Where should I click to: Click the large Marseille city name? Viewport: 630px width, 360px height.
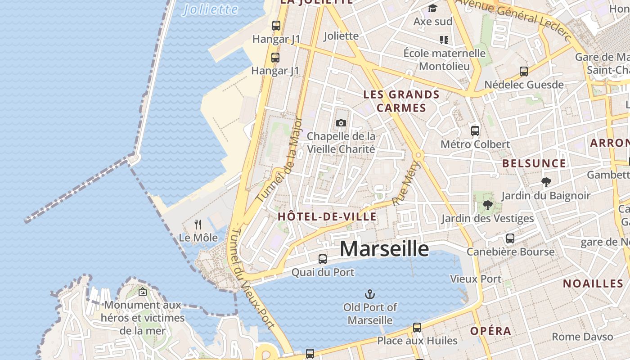click(x=384, y=249)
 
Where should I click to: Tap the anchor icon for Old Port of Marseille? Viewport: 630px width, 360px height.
click(x=369, y=295)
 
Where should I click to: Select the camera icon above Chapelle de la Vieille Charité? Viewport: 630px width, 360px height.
click(x=341, y=123)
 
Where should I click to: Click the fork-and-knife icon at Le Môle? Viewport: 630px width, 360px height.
click(x=198, y=224)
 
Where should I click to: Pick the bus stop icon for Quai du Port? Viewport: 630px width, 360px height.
click(x=323, y=259)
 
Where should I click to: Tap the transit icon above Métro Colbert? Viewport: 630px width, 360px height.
click(x=475, y=131)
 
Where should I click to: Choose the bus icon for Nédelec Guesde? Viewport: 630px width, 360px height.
click(x=524, y=72)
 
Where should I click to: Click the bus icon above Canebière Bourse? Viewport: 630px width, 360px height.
click(x=510, y=238)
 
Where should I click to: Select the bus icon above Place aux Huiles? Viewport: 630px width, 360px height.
click(x=417, y=328)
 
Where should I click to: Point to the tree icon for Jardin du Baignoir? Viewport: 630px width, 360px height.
click(x=546, y=182)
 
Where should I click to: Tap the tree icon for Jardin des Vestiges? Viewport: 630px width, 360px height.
click(x=487, y=206)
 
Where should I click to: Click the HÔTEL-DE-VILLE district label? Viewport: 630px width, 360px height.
click(x=327, y=216)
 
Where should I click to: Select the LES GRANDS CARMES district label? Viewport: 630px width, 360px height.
click(x=401, y=101)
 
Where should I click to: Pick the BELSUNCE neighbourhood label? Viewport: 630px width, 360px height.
click(x=534, y=163)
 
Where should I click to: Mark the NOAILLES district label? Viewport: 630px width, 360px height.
click(x=593, y=283)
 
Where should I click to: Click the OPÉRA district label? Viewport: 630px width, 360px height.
click(x=491, y=331)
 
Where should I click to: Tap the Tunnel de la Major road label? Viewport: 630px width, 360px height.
click(x=280, y=160)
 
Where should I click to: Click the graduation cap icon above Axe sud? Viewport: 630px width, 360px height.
click(x=433, y=8)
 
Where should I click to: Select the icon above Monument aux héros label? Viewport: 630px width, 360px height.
click(x=143, y=292)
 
